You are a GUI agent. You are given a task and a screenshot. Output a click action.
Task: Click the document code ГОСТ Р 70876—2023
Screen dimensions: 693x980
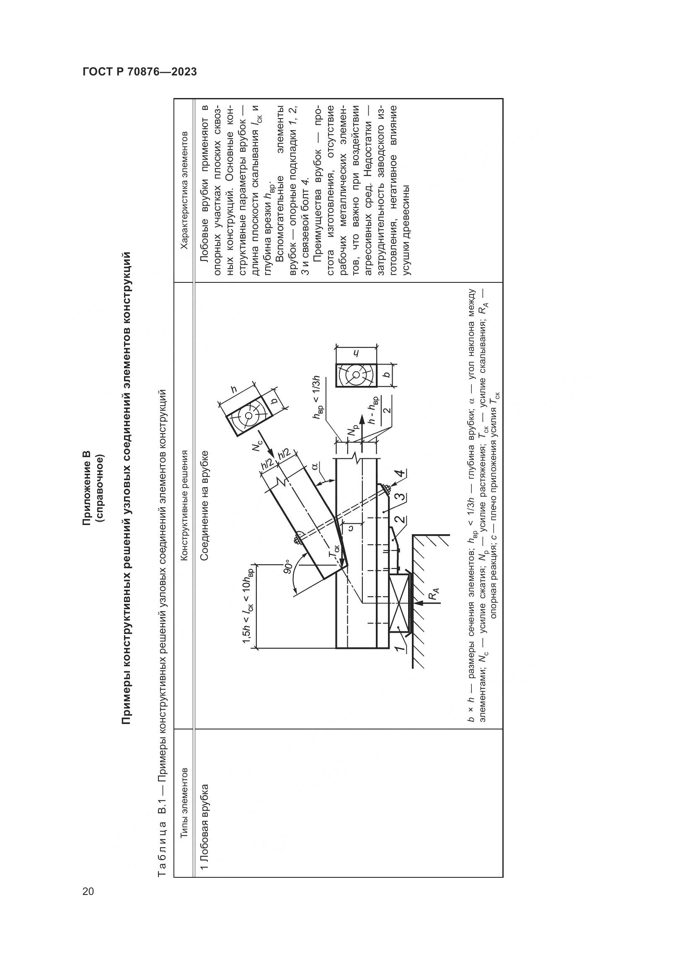click(140, 72)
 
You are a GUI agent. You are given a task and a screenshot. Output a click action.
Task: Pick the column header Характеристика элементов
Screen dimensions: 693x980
click(185, 190)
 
